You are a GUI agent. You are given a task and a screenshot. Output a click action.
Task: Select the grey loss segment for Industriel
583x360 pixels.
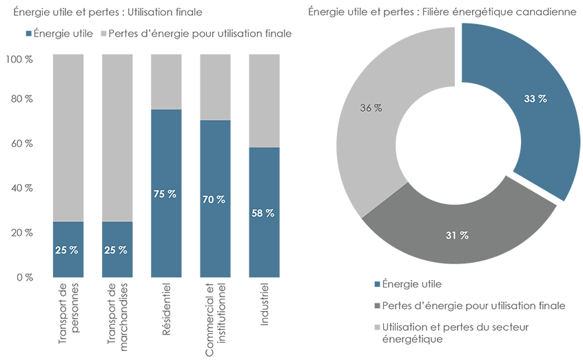pos(264,100)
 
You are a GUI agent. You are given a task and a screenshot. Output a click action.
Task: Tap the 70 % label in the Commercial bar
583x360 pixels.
pos(215,199)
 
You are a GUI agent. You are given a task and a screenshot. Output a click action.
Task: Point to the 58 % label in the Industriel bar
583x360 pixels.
pos(264,213)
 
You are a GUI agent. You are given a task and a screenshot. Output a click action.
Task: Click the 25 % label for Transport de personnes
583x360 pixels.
pos(67,250)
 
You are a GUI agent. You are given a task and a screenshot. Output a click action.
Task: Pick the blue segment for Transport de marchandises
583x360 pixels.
pos(116,262)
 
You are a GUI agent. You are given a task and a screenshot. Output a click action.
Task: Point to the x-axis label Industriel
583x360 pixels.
pos(265,303)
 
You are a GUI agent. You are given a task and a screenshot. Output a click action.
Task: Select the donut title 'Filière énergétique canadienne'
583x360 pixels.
pos(442,12)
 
